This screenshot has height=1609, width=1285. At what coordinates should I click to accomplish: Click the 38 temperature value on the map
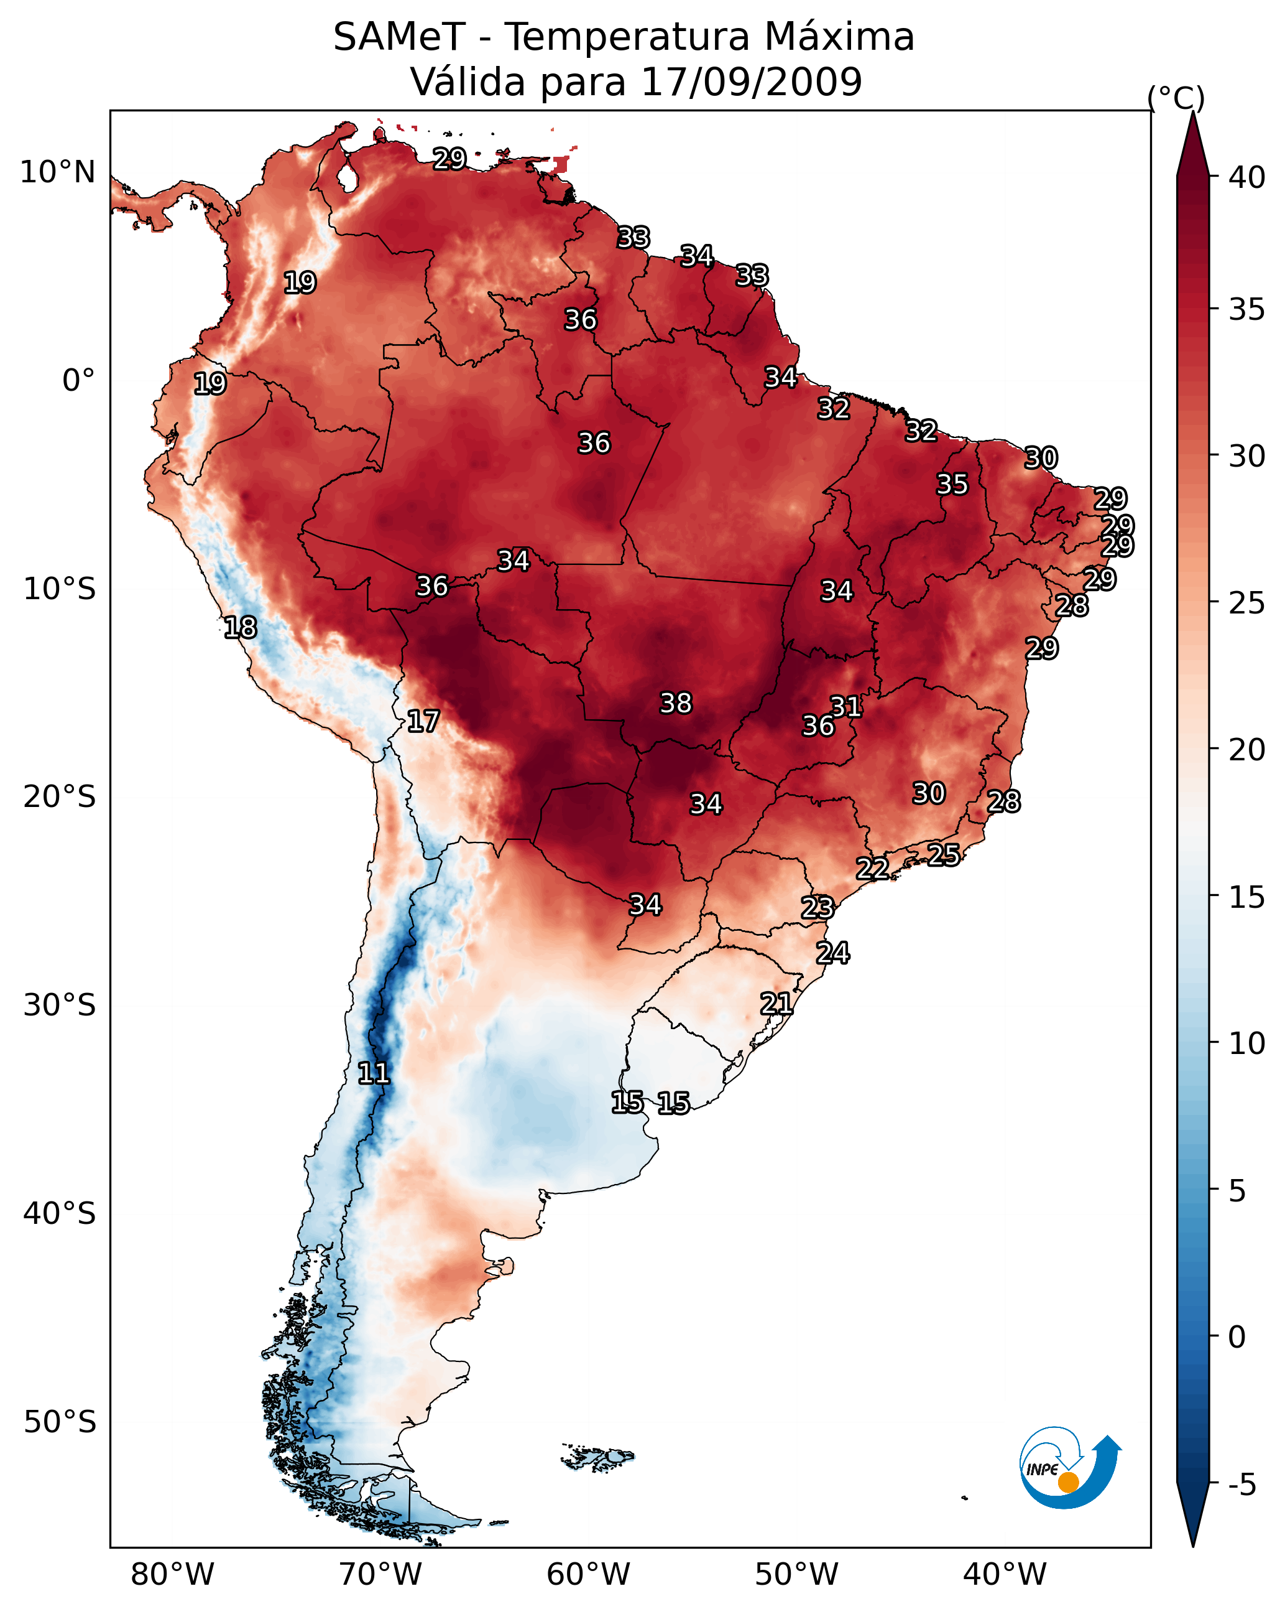coord(676,703)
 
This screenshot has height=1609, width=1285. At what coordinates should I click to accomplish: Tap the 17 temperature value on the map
coord(423,721)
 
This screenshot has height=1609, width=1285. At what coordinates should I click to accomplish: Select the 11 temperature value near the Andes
coord(374,1073)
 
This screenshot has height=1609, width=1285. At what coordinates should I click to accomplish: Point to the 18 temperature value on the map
coord(240,628)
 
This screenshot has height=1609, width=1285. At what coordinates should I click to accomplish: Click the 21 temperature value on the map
coord(776,1003)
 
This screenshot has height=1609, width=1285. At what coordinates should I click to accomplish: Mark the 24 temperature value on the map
coord(832,953)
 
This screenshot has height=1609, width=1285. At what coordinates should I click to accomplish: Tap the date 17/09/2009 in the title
coord(751,82)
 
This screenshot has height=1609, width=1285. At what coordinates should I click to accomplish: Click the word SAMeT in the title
coord(399,37)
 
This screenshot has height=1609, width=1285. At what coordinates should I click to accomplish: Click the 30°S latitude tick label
coord(60,1005)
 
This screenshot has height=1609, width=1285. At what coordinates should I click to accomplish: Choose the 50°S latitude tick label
coord(60,1422)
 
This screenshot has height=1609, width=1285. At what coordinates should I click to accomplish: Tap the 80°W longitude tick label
coord(172,1574)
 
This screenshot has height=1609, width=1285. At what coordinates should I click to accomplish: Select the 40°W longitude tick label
coord(1005,1574)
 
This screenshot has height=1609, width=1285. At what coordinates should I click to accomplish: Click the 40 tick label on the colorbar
coord(1247,177)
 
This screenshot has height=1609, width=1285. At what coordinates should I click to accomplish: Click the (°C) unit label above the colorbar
coord(1176,98)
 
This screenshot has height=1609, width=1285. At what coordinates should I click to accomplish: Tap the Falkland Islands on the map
coord(599,1456)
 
